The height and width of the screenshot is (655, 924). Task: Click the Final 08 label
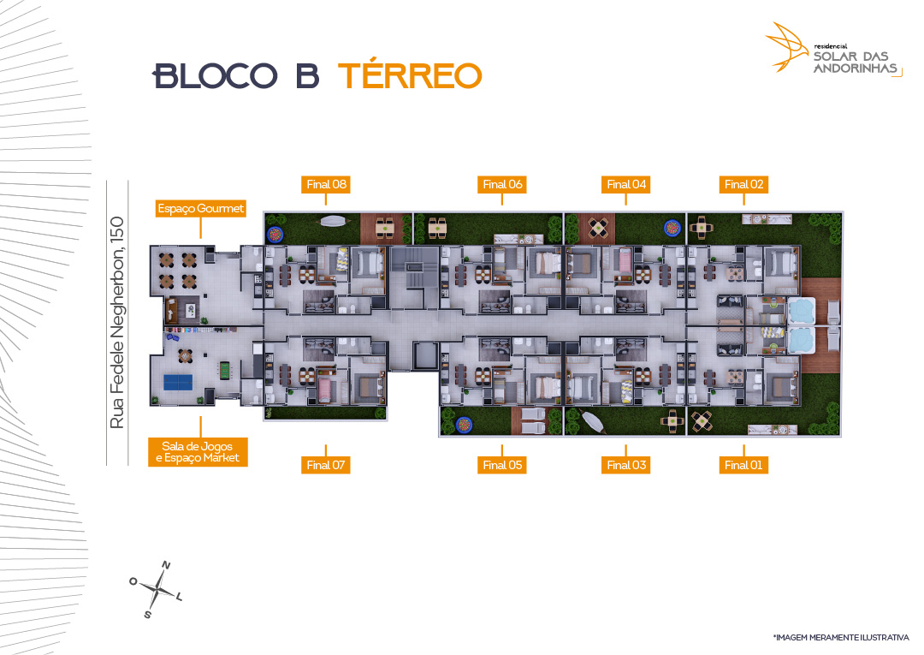pos(326,185)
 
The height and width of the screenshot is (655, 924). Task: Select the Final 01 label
pos(743,465)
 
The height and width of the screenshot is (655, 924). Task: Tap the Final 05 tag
pos(502,465)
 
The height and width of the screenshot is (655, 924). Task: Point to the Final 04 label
pos(625,185)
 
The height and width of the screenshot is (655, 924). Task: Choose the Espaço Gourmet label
pos(200,209)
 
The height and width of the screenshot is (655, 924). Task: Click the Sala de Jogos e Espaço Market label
pos(198,452)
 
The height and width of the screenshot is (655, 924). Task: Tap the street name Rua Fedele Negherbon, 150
pos(116,323)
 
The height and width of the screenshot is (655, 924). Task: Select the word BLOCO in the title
pos(215,76)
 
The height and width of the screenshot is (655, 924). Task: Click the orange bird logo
pos(787,47)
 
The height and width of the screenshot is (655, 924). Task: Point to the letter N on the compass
pos(166,565)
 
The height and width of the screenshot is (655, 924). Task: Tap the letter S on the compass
pos(147,614)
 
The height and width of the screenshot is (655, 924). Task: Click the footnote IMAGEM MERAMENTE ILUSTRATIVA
pos(842,637)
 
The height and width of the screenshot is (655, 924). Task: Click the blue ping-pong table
pos(177,383)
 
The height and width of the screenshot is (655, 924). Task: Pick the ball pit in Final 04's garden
pos(672,227)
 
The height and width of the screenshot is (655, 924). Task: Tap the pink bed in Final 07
pos(324,390)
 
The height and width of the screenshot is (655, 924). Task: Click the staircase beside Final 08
pos(414,268)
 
